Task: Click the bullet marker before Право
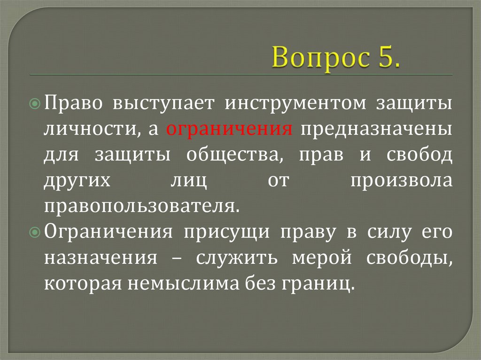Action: [39, 103]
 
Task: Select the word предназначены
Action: [377, 129]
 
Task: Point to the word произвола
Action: [401, 181]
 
